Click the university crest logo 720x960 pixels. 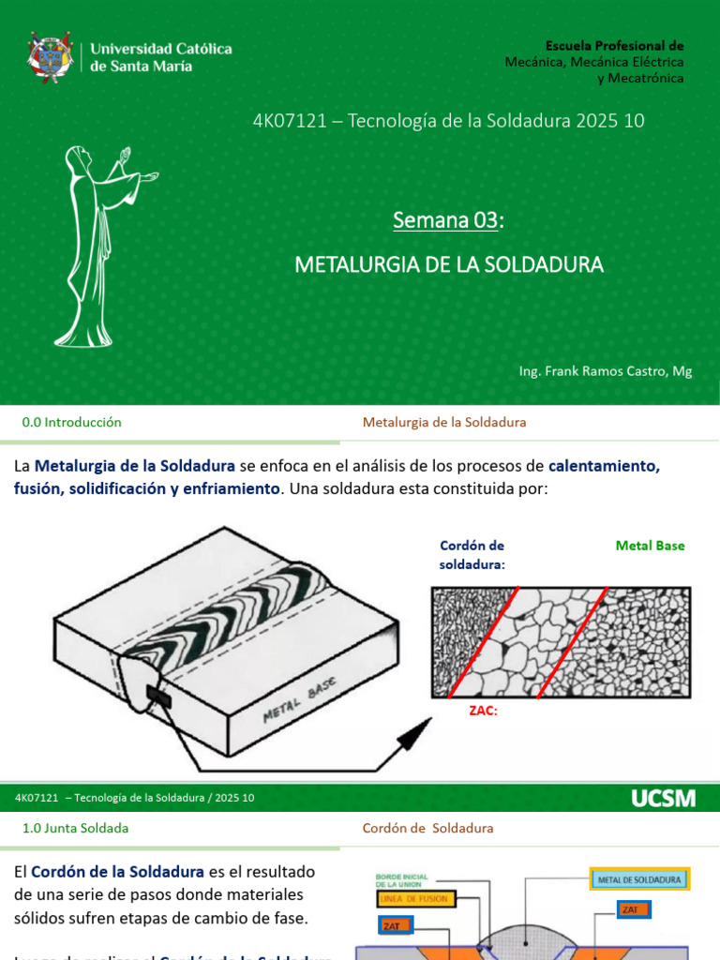[x=52, y=55]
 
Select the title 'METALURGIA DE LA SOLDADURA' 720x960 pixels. [x=448, y=265]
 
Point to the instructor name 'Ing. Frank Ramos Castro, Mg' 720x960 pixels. [x=606, y=371]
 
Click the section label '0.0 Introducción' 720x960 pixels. [x=72, y=423]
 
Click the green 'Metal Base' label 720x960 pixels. [x=650, y=546]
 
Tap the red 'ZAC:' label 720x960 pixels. [x=483, y=711]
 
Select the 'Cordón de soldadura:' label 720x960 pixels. [x=472, y=555]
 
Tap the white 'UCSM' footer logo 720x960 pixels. [x=663, y=798]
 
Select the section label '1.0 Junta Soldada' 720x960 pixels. [x=75, y=829]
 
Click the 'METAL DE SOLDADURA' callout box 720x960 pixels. [x=639, y=879]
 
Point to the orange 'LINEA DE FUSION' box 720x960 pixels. [x=414, y=900]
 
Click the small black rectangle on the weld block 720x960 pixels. [x=157, y=697]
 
